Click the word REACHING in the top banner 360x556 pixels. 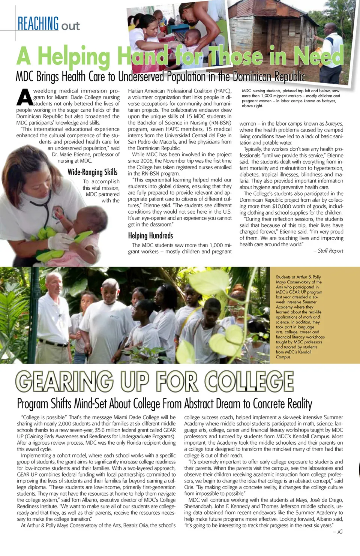pos(38,24)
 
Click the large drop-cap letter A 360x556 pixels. pos(25,97)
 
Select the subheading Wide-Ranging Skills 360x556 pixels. pos(92,172)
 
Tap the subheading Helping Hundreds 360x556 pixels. pos(150,235)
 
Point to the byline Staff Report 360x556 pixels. pos(330,251)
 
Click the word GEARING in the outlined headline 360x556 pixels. pos(64,382)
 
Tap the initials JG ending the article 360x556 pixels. pos(340,532)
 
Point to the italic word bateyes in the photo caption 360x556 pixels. pos(328,101)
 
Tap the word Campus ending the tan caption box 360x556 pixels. pos(283,357)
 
